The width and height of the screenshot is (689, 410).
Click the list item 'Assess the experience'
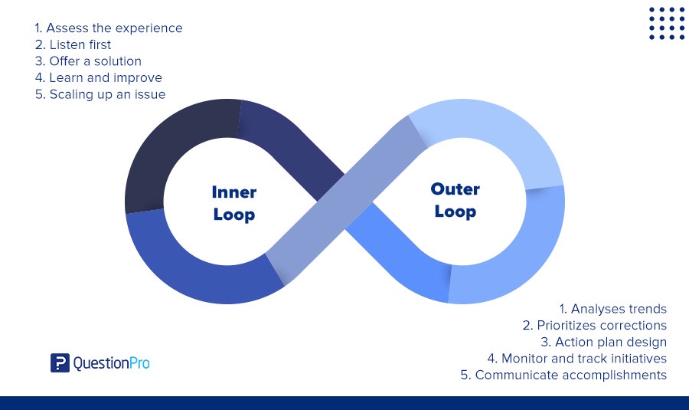coord(108,28)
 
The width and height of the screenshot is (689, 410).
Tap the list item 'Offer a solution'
coord(88,61)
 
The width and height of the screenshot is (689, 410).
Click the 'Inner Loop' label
coord(233,203)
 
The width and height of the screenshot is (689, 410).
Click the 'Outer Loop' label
coord(455,200)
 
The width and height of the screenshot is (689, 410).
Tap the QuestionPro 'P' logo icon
coord(60,362)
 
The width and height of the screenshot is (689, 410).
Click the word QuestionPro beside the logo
coord(111,363)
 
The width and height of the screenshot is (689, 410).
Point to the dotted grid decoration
coord(667,24)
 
